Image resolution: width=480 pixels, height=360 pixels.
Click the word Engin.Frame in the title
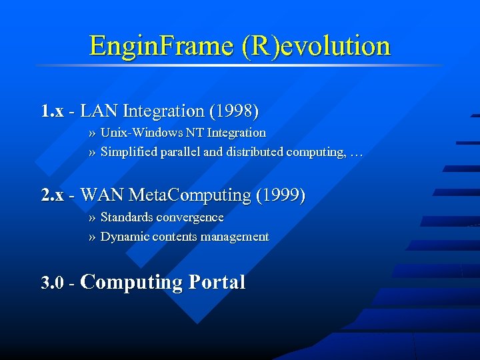(x=159, y=46)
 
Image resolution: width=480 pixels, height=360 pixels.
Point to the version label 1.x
(x=53, y=111)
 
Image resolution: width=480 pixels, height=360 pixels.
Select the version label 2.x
(x=53, y=195)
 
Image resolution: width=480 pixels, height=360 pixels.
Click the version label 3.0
(x=53, y=283)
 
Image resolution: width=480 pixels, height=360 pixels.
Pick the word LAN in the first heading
(x=99, y=111)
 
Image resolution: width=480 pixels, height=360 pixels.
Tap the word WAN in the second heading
(x=102, y=195)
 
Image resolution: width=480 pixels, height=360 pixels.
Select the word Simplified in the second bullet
(x=128, y=152)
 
